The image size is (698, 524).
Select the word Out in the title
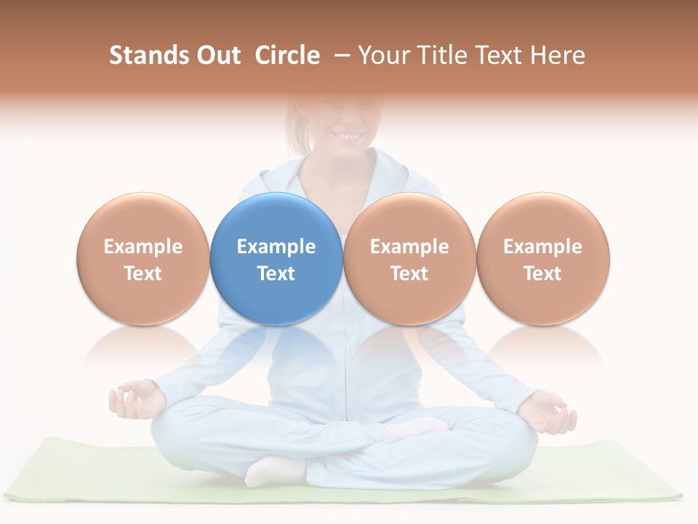click(x=217, y=55)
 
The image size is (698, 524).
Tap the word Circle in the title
click(x=287, y=55)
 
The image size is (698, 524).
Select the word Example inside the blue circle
click(x=276, y=247)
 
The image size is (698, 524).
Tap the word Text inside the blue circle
click(x=276, y=274)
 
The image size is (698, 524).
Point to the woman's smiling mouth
click(x=348, y=135)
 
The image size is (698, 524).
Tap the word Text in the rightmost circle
click(x=543, y=274)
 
